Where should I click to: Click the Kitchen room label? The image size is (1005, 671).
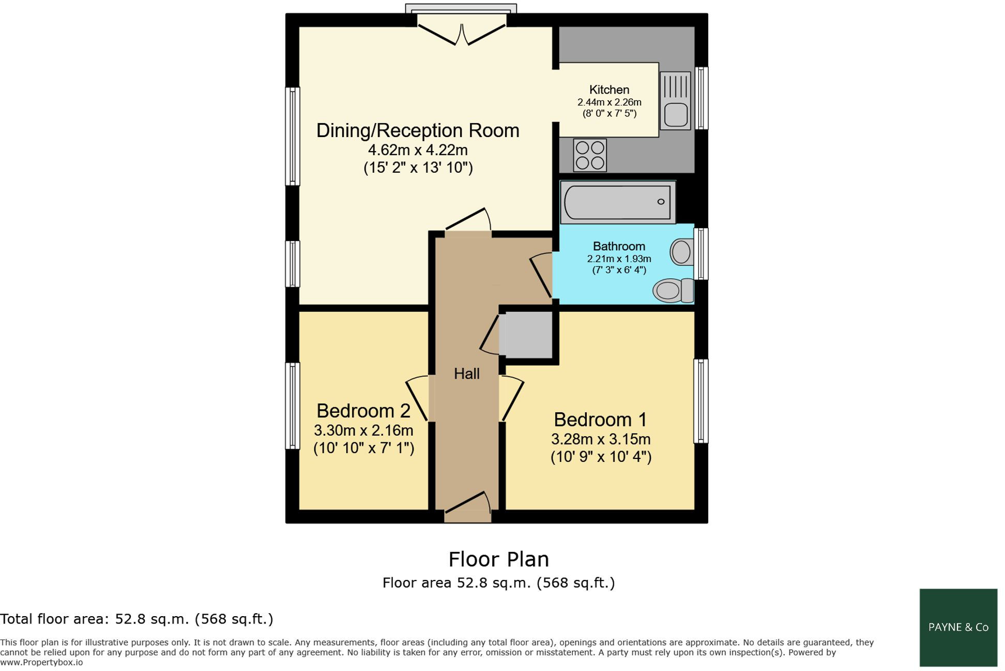click(x=609, y=90)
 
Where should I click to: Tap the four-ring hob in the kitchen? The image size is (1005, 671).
click(x=590, y=155)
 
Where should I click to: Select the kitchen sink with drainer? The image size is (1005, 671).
click(x=675, y=101)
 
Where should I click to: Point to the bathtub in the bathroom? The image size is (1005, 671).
click(x=617, y=202)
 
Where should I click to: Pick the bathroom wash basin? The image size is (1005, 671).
click(x=682, y=252)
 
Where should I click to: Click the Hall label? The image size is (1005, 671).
click(x=466, y=374)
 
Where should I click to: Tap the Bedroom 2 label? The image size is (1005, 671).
click(x=363, y=411)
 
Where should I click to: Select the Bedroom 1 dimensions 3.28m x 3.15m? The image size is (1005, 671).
click(x=600, y=439)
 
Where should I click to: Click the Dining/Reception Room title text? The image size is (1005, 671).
click(x=418, y=130)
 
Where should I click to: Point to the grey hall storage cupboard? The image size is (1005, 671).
click(x=528, y=335)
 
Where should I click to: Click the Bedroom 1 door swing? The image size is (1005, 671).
click(x=511, y=398)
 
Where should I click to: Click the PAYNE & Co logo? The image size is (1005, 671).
click(x=958, y=627)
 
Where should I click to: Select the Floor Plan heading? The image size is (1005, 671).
click(x=498, y=559)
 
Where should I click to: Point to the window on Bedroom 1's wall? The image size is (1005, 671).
click(x=701, y=401)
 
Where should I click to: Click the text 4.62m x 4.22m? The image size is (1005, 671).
click(x=418, y=150)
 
